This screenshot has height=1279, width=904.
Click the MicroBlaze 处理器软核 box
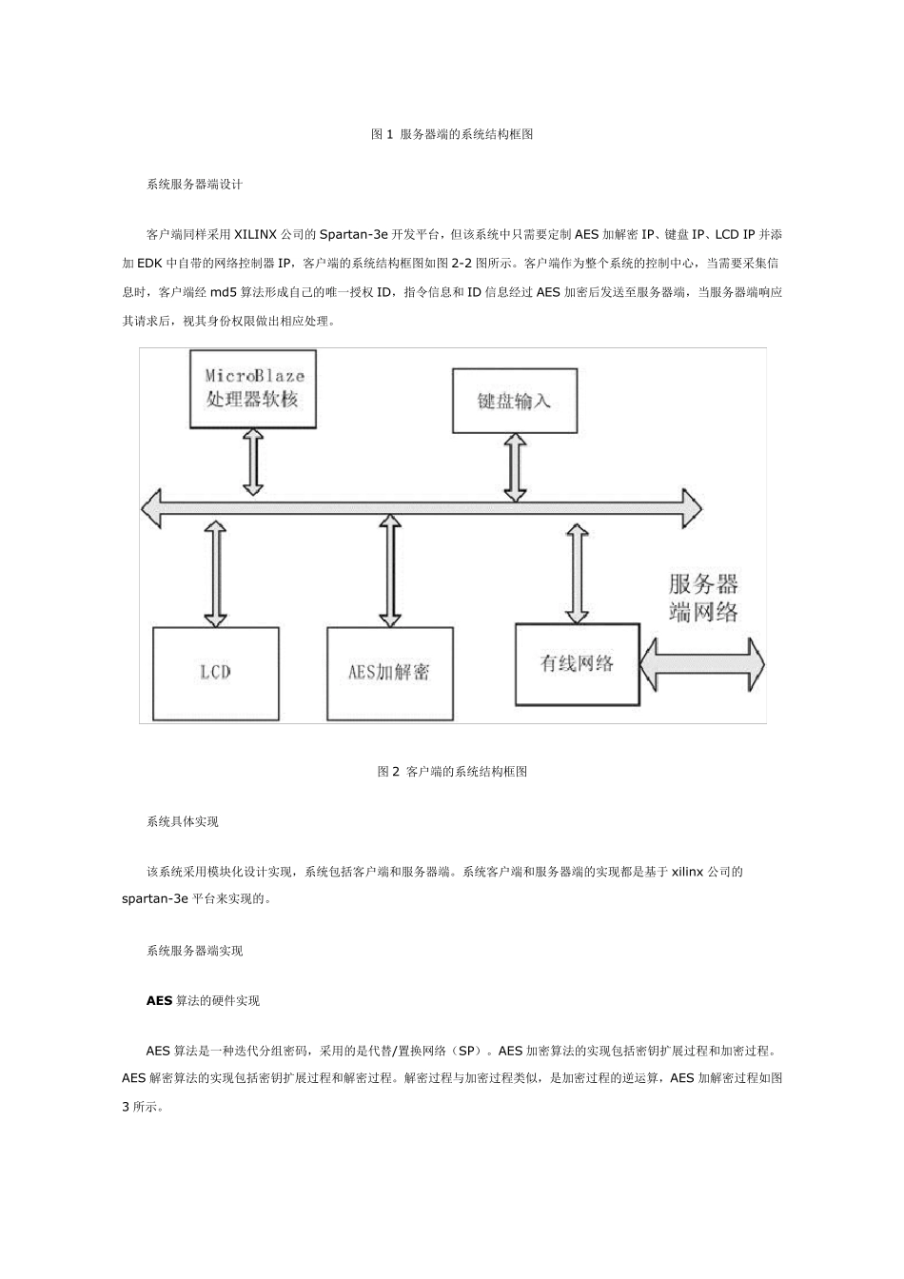[253, 388]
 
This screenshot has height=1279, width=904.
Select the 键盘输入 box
[514, 400]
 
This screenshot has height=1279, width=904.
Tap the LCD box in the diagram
[215, 672]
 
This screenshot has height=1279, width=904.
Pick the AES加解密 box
[388, 672]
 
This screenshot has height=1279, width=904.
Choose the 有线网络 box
[577, 663]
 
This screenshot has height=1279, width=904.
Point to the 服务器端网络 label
[703, 598]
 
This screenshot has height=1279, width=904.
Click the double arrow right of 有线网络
[702, 663]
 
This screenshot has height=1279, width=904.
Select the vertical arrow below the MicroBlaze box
[253, 462]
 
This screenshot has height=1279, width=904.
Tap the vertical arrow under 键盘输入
[515, 465]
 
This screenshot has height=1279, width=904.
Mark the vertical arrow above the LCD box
[216, 572]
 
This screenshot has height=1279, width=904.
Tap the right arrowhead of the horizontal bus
[689, 506]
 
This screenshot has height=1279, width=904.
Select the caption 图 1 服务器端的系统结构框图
[452, 135]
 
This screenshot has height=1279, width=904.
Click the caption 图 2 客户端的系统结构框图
[452, 772]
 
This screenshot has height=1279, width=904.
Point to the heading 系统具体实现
[183, 821]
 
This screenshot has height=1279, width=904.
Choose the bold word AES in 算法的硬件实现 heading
[159, 1001]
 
